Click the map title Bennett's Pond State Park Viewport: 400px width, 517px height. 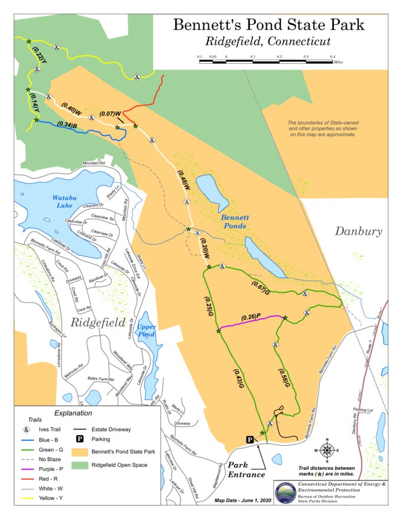[x=268, y=25]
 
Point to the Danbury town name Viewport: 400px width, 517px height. [x=359, y=230]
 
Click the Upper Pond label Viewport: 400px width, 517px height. [x=146, y=330]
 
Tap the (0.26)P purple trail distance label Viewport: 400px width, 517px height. [x=251, y=317]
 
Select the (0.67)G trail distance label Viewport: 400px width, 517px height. [x=260, y=288]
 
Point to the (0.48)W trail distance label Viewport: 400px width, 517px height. [x=183, y=180]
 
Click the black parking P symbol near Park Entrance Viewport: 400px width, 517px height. [x=250, y=440]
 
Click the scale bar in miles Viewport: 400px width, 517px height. [x=265, y=60]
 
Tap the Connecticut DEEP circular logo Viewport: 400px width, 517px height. [x=286, y=491]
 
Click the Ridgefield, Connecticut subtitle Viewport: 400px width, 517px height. [x=268, y=42]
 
